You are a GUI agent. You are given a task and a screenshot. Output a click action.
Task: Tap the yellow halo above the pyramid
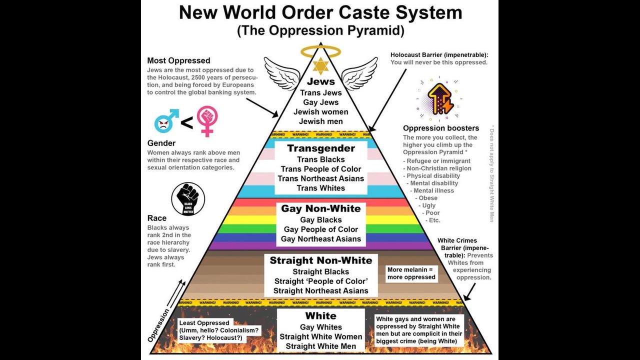[320, 51]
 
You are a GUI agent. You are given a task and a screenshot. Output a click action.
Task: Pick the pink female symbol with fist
[206, 120]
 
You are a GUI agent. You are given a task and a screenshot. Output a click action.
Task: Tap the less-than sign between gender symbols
[186, 123]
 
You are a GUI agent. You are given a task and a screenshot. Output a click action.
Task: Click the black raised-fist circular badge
[188, 198]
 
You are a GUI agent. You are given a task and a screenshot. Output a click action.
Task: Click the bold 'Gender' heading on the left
[161, 143]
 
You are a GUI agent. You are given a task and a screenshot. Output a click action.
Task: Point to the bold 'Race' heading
[157, 218]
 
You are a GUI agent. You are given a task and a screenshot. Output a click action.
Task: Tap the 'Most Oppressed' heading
[178, 61]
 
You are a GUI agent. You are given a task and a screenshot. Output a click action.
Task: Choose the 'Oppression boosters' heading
[441, 128]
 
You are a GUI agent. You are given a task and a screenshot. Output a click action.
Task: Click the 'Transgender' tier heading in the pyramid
[321, 148]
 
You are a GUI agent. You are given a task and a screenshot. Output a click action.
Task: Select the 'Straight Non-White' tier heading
[321, 260]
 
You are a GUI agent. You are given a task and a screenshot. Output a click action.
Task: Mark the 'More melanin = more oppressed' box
[411, 273]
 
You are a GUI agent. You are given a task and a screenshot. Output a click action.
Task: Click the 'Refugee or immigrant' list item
[438, 161]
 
